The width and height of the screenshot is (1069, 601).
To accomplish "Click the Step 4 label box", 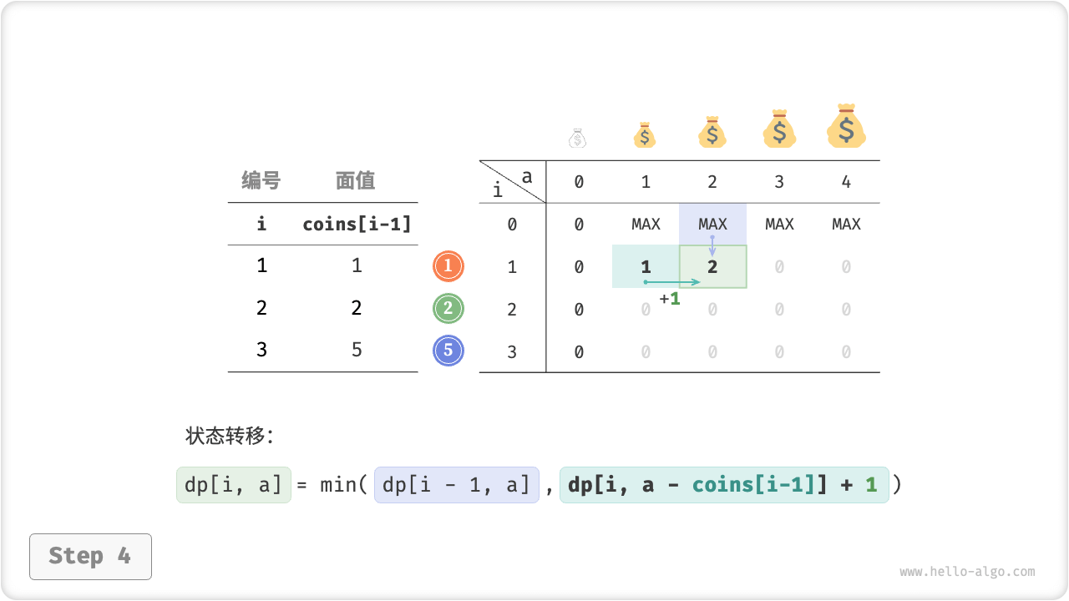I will click(x=90, y=556).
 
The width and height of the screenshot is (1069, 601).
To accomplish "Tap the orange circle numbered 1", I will click(x=448, y=266).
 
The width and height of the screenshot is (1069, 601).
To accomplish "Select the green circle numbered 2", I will click(x=448, y=309).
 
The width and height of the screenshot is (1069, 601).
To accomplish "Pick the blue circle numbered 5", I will click(x=448, y=351).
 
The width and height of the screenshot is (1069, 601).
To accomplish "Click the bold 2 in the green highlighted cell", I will click(x=712, y=267).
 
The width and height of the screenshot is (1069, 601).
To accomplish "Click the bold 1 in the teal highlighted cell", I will click(x=646, y=267).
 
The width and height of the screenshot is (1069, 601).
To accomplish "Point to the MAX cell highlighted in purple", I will click(x=712, y=224).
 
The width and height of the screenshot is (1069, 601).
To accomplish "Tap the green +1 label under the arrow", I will click(x=670, y=298).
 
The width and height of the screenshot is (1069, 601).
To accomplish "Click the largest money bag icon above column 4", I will click(x=846, y=127).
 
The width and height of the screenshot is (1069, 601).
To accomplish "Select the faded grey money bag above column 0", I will click(x=578, y=138).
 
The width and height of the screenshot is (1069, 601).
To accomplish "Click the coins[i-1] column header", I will click(x=357, y=224).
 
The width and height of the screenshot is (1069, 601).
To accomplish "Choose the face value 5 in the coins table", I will click(x=357, y=349).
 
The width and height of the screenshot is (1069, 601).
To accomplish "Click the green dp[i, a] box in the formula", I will click(x=234, y=485).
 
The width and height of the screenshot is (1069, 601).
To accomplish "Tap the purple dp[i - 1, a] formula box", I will click(x=456, y=485).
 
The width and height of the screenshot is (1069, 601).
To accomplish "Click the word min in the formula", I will click(x=338, y=485).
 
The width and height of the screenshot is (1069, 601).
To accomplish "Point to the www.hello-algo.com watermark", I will click(x=967, y=572).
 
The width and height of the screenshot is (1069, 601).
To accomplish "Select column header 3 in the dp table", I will click(x=779, y=182).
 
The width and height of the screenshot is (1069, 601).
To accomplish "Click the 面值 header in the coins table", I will click(x=356, y=180).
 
